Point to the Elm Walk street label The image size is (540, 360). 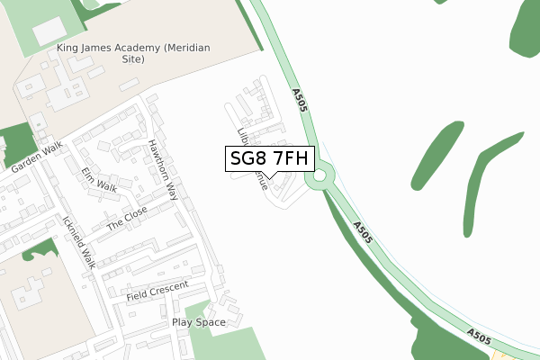pyautogui.click(x=99, y=179)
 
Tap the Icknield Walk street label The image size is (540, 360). pyautogui.click(x=79, y=241)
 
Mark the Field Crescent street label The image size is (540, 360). pyautogui.click(x=157, y=290)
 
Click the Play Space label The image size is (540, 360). pyautogui.click(x=198, y=321)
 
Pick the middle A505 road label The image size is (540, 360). pyautogui.click(x=362, y=233)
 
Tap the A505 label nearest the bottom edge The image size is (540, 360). pyautogui.click(x=479, y=336)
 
